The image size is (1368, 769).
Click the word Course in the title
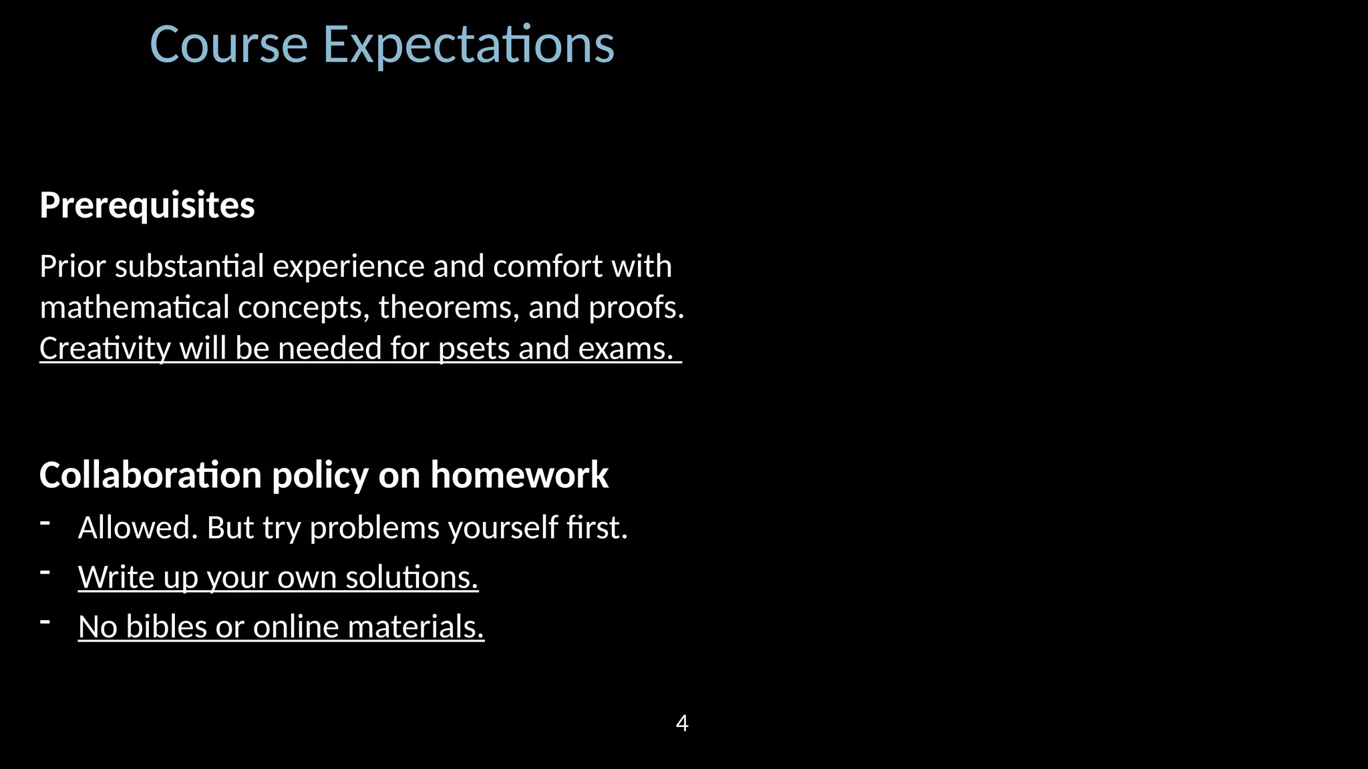coord(228,45)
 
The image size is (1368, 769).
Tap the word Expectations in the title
coord(468,45)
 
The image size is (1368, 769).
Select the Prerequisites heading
coord(147,205)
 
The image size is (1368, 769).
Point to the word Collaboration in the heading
coord(150,475)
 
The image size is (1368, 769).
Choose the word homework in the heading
coord(519,475)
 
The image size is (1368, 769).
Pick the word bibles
coord(166,627)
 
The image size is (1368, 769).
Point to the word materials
coord(415,627)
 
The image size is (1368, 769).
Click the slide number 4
coord(682,723)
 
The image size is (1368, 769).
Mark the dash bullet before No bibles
coord(45,621)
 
